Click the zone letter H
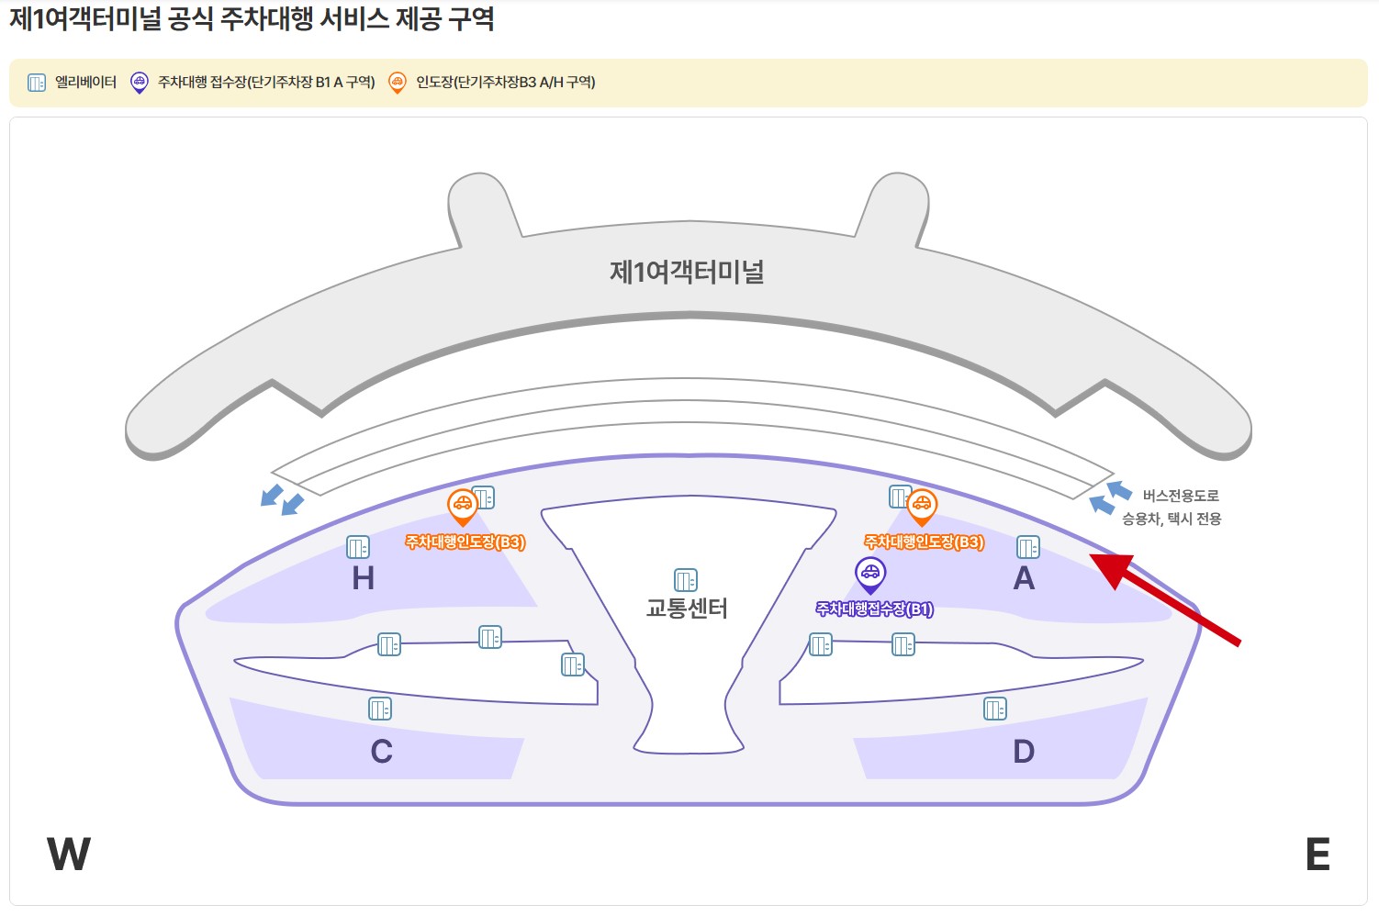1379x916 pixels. point(364,578)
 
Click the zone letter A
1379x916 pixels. point(1024,578)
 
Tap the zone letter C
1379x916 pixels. point(382,752)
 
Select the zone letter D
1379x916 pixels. point(1024,752)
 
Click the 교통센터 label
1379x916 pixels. point(687,609)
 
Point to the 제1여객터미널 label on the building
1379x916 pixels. point(688,272)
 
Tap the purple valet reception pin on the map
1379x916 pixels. point(869,575)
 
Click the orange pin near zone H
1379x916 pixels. point(462,506)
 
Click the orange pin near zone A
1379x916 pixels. point(921,506)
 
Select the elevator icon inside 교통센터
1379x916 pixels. point(686,580)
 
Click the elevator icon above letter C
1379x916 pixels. point(380,709)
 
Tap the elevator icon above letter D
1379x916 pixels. point(995,709)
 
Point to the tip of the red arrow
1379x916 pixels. point(1093,556)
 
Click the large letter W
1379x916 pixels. point(69,855)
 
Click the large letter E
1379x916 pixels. point(1317,855)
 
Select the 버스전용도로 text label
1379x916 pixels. point(1181,496)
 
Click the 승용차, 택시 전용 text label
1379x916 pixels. point(1172,519)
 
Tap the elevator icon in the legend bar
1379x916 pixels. point(37,83)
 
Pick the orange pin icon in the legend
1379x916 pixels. point(398,83)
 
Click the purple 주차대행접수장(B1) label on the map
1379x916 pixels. point(874,609)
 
